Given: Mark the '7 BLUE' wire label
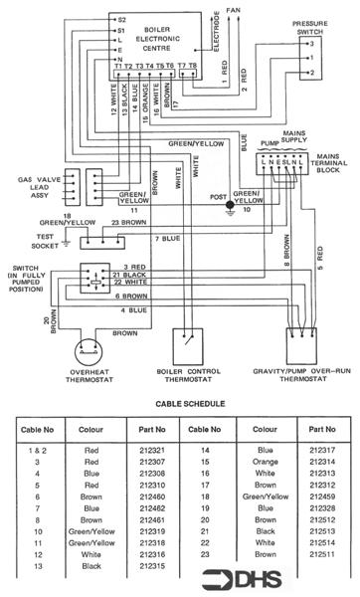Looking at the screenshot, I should point(168,240).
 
